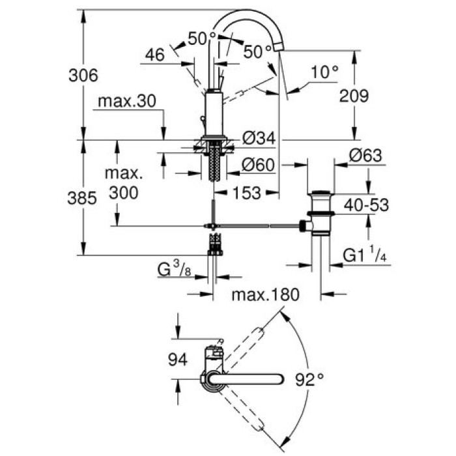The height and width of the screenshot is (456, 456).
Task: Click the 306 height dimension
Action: [x=83, y=76]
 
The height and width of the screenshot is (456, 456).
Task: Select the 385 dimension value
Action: [x=83, y=197]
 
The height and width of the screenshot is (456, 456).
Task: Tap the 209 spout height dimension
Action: [x=354, y=96]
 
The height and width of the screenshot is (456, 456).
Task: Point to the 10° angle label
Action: [x=323, y=73]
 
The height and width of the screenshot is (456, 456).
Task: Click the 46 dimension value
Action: [x=154, y=56]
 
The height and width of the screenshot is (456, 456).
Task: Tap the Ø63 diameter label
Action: [x=365, y=156]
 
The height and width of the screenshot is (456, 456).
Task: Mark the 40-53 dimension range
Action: [x=366, y=205]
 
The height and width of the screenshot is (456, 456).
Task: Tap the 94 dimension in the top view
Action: [x=177, y=359]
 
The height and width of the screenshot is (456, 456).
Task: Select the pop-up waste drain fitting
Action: [x=321, y=212]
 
